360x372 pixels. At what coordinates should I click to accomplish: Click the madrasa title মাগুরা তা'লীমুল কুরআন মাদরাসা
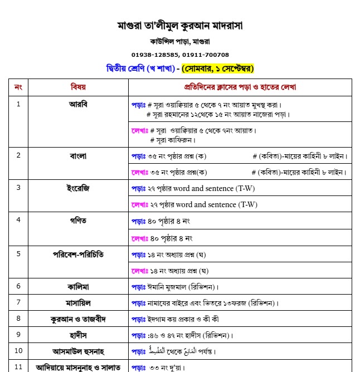point(180,26)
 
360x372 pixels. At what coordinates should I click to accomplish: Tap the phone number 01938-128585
point(155,55)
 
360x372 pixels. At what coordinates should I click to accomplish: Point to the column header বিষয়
point(78,87)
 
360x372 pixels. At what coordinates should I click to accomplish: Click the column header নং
point(18,87)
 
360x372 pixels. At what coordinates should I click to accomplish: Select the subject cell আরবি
point(78,104)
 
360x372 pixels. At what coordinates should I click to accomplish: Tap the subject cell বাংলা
point(78,155)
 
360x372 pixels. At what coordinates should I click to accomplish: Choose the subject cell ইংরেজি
point(78,188)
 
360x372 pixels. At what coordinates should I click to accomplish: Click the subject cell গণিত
point(78,221)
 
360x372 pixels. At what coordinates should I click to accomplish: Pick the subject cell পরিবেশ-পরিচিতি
point(78,253)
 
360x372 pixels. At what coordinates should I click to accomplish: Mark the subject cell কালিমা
point(78,286)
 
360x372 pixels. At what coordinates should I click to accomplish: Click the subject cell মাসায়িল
point(78,302)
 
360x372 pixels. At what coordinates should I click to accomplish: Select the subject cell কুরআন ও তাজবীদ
point(78,319)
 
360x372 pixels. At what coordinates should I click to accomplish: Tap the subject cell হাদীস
point(78,335)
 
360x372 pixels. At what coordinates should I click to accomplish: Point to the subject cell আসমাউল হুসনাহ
point(78,351)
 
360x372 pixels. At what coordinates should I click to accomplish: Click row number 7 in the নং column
point(18,302)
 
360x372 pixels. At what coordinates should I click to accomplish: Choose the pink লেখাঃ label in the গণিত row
point(139,238)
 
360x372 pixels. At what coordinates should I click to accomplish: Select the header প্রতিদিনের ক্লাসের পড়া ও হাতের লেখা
point(240,87)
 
